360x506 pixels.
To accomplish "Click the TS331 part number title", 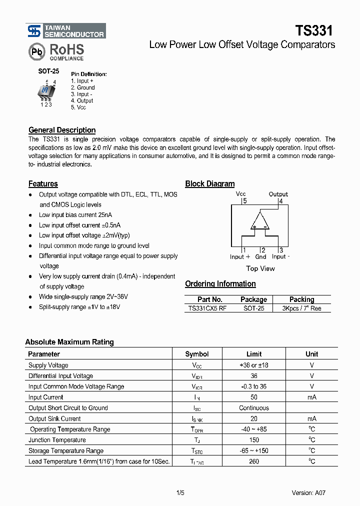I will tap(313, 31).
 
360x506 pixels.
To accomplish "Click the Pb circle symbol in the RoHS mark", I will tap(36, 52).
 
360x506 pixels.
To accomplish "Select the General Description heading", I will tap(62, 130).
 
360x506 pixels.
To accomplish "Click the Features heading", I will tap(43, 183).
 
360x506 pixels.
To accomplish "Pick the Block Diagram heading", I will tap(209, 183).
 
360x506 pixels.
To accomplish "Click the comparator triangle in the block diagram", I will tap(260, 221).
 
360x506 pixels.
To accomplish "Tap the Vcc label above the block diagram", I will tap(241, 194).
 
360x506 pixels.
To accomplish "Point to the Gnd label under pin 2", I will tap(260, 257).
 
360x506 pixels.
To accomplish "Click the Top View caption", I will tap(260, 268).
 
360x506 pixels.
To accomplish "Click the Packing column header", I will tap(301, 299).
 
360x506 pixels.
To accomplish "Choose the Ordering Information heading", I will tap(220, 283).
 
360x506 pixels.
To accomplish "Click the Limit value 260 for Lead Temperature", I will tap(254, 461).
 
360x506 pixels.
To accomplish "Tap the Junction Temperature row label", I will tap(57, 440).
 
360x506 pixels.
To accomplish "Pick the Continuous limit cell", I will tap(254, 408).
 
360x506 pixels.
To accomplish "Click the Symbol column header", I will tap(197, 354).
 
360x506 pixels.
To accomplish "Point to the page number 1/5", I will tap(180, 493).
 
